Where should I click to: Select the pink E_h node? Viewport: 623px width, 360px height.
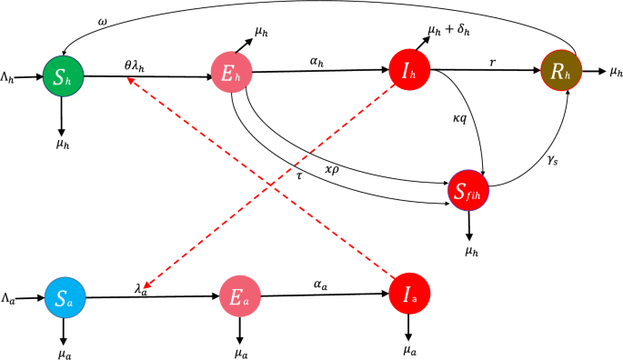pos(227,71)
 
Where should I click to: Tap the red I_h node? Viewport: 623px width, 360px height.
pos(407,70)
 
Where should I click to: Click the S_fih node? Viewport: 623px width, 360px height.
pos(470,189)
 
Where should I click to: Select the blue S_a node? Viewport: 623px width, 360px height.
pos(65,297)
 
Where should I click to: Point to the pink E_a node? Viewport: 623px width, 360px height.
pos(239,297)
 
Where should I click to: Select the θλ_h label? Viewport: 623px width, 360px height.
pos(140,65)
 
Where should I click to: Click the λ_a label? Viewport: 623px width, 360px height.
pos(141,287)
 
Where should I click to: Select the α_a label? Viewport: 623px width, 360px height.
pos(318,285)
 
